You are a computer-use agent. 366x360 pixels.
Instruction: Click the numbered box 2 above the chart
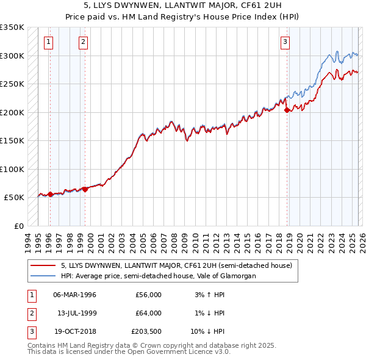coord(83,42)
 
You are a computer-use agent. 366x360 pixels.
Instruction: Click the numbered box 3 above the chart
coord(285,42)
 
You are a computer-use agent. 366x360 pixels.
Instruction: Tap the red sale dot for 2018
coord(287,110)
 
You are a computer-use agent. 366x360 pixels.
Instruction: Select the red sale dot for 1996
coord(50,194)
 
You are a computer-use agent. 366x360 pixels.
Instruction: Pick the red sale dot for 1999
coord(85,189)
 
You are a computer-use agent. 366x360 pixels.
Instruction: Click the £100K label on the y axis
coord(12,169)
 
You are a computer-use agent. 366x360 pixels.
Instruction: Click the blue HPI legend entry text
coord(159,276)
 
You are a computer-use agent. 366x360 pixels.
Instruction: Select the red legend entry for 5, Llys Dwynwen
coord(176,265)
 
